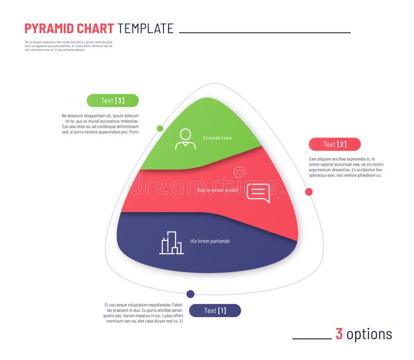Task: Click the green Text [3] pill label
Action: [112, 100]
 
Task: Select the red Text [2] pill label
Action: [334, 144]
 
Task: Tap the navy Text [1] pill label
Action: [215, 310]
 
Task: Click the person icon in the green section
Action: [185, 139]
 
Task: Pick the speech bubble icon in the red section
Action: [258, 192]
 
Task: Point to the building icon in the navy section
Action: [171, 243]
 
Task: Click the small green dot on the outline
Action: [160, 128]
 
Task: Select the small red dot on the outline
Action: [309, 192]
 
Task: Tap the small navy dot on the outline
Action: [190, 294]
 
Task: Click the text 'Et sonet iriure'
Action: [217, 138]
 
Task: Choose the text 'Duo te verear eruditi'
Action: [217, 190]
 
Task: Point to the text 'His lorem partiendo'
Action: [210, 241]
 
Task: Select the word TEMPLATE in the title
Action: [145, 28]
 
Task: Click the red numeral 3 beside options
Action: [339, 334]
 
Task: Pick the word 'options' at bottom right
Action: [369, 335]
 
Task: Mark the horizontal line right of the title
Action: [264, 33]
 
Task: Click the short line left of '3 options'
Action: [312, 339]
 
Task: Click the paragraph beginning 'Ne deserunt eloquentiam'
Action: [100, 124]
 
